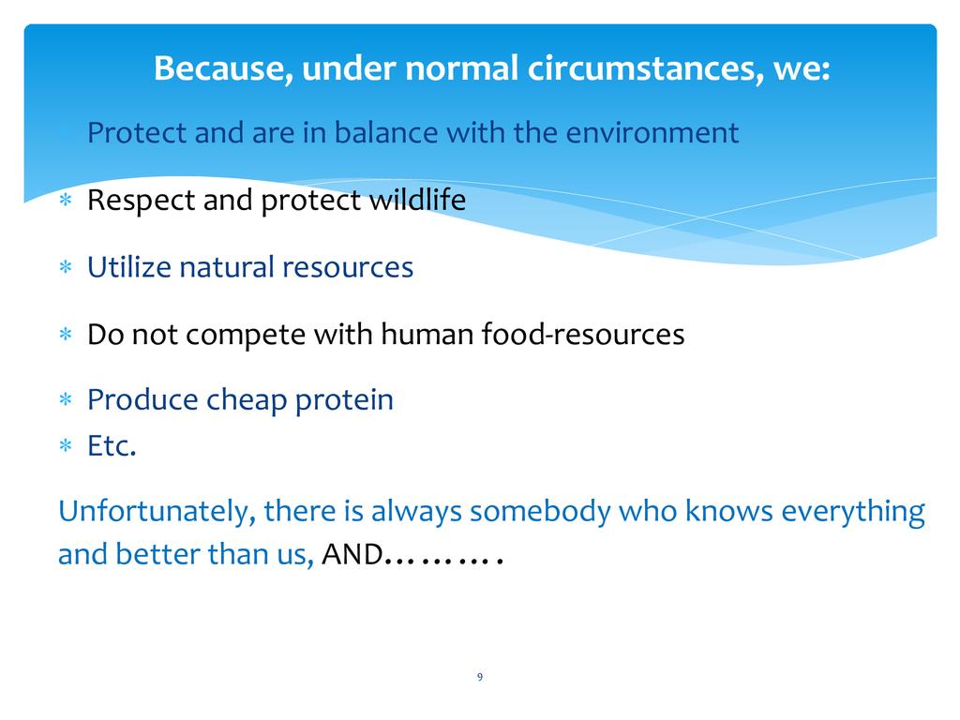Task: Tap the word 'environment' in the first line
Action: click(x=652, y=133)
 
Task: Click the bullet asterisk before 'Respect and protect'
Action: click(x=66, y=200)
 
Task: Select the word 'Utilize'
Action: click(x=129, y=267)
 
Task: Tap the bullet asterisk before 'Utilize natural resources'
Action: click(x=66, y=267)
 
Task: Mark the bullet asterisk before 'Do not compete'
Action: click(x=66, y=335)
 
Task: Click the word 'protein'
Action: click(x=344, y=400)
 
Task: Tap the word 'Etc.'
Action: click(x=112, y=445)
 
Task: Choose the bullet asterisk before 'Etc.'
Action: click(x=66, y=445)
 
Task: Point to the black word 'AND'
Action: click(x=352, y=555)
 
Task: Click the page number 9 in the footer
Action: click(x=480, y=677)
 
